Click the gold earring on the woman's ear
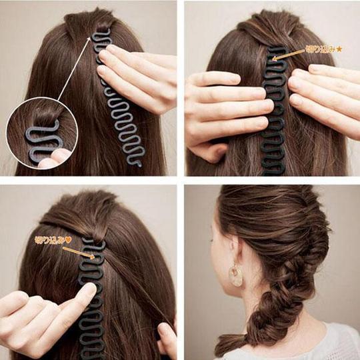coord(236,274)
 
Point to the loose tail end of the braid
coord(230,343)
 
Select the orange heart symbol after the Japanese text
coord(68,239)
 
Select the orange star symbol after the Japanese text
coord(339,49)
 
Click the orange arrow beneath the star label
coord(287,56)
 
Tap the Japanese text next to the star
coord(320,49)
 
